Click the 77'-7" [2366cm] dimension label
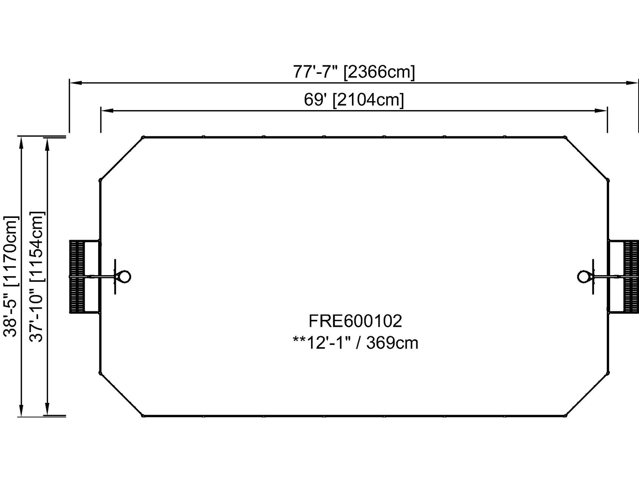click(354, 72)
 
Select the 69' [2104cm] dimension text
click(354, 99)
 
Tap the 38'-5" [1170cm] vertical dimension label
click(11, 276)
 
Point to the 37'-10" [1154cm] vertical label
click(37, 276)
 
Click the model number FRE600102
click(355, 321)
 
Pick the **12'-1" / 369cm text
click(355, 342)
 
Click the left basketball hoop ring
click(124, 277)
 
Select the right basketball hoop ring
click(584, 277)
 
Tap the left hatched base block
click(77, 277)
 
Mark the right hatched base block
click(631, 277)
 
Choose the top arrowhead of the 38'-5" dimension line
click(21, 143)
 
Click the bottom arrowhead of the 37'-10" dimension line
click(47, 410)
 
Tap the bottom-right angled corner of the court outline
click(587, 394)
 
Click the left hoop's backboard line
click(115, 277)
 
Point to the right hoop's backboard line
click(593, 277)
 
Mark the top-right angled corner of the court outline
click(587, 159)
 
